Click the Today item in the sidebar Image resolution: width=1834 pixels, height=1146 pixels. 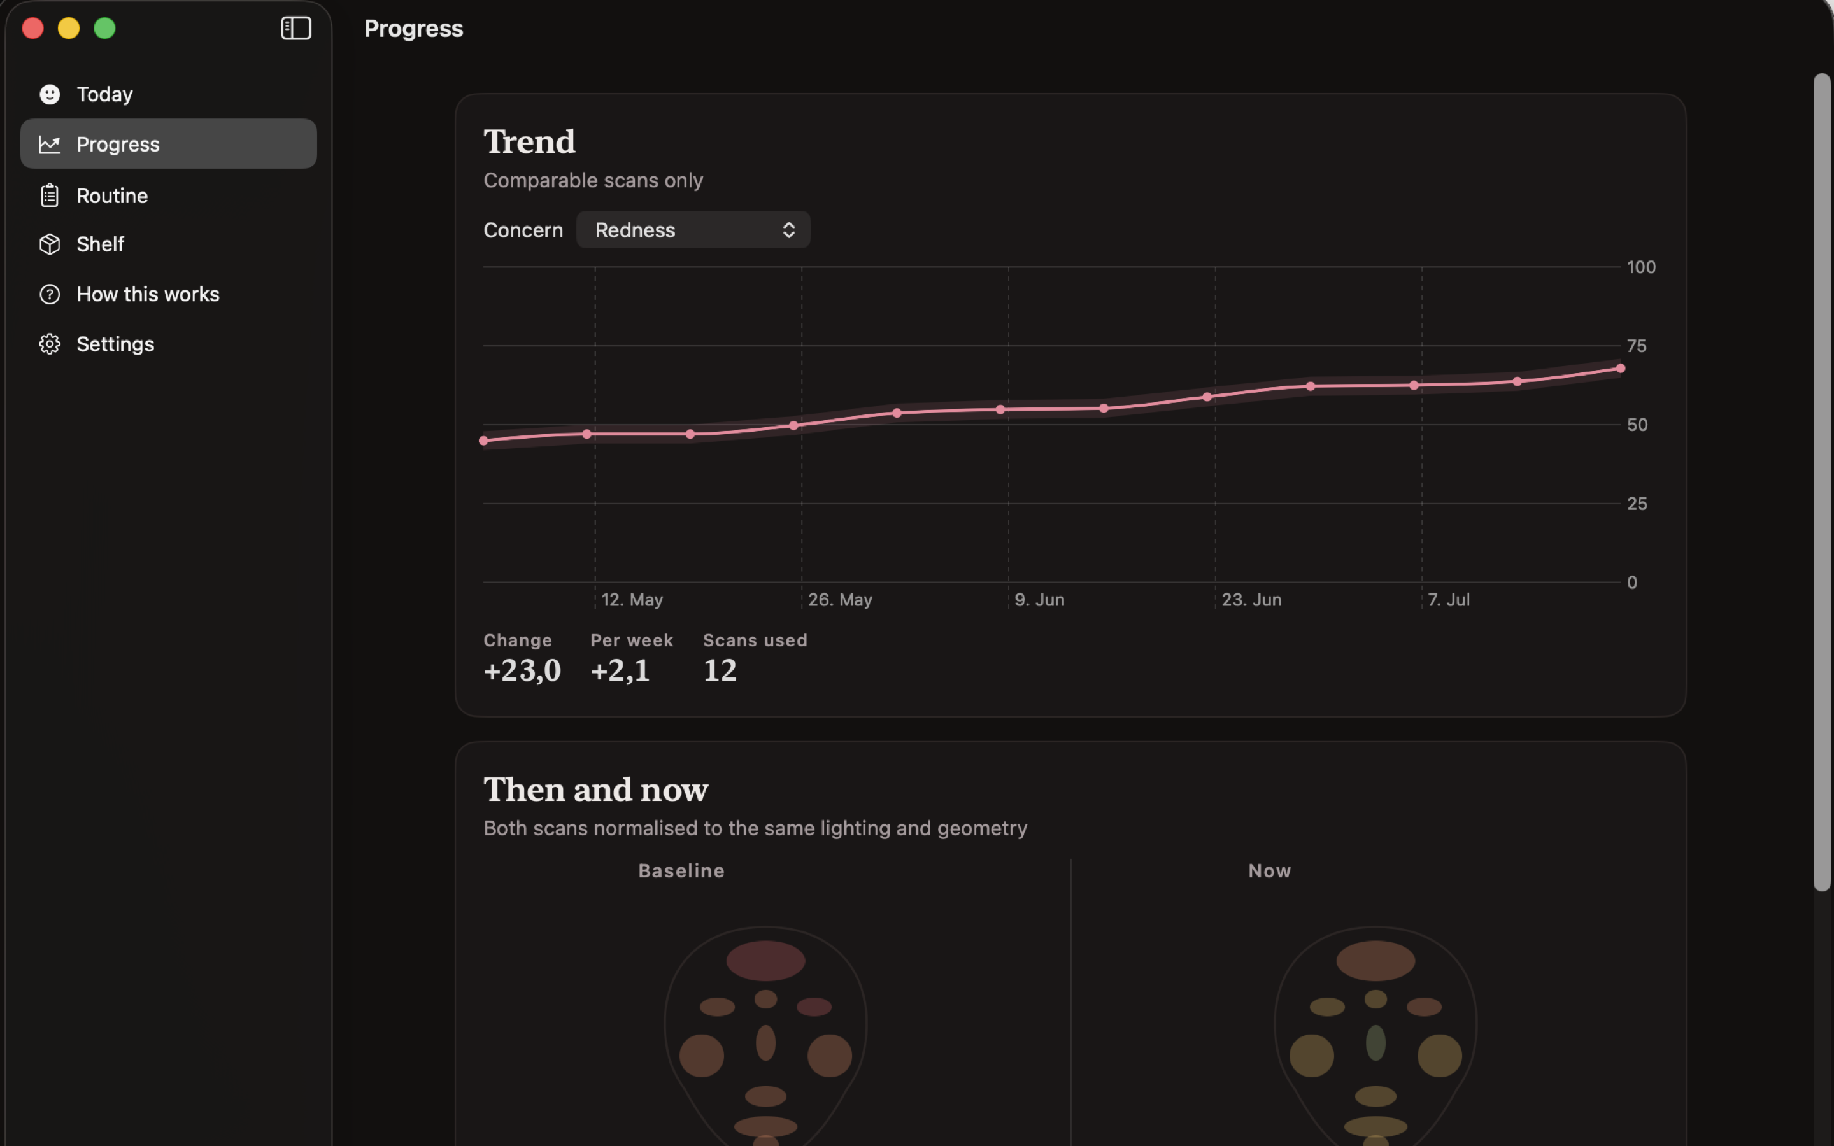click(x=104, y=94)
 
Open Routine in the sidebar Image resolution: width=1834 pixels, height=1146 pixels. click(x=112, y=195)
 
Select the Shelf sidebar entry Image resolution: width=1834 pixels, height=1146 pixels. click(x=100, y=244)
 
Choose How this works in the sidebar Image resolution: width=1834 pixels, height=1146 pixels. click(x=148, y=294)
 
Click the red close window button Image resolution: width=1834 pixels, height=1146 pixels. click(x=32, y=28)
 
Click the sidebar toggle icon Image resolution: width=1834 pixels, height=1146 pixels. click(x=295, y=28)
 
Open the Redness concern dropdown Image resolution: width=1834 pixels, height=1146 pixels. click(x=693, y=230)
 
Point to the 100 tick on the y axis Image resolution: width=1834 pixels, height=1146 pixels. click(x=1641, y=267)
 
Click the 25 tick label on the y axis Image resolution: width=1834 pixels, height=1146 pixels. click(x=1636, y=503)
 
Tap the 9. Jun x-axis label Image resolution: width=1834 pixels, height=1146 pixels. click(x=1039, y=600)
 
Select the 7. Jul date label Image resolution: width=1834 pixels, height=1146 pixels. click(x=1448, y=600)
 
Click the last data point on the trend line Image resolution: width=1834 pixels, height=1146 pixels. click(x=1620, y=369)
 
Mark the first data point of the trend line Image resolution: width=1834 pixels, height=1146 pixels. click(x=483, y=441)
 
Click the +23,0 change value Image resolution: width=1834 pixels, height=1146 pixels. click(x=522, y=670)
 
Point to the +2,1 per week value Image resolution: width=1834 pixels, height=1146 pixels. click(x=620, y=670)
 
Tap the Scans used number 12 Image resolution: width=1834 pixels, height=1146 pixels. click(x=720, y=670)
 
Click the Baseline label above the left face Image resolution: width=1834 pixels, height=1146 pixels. click(x=681, y=871)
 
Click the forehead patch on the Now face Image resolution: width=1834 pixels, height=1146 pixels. click(x=1375, y=960)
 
